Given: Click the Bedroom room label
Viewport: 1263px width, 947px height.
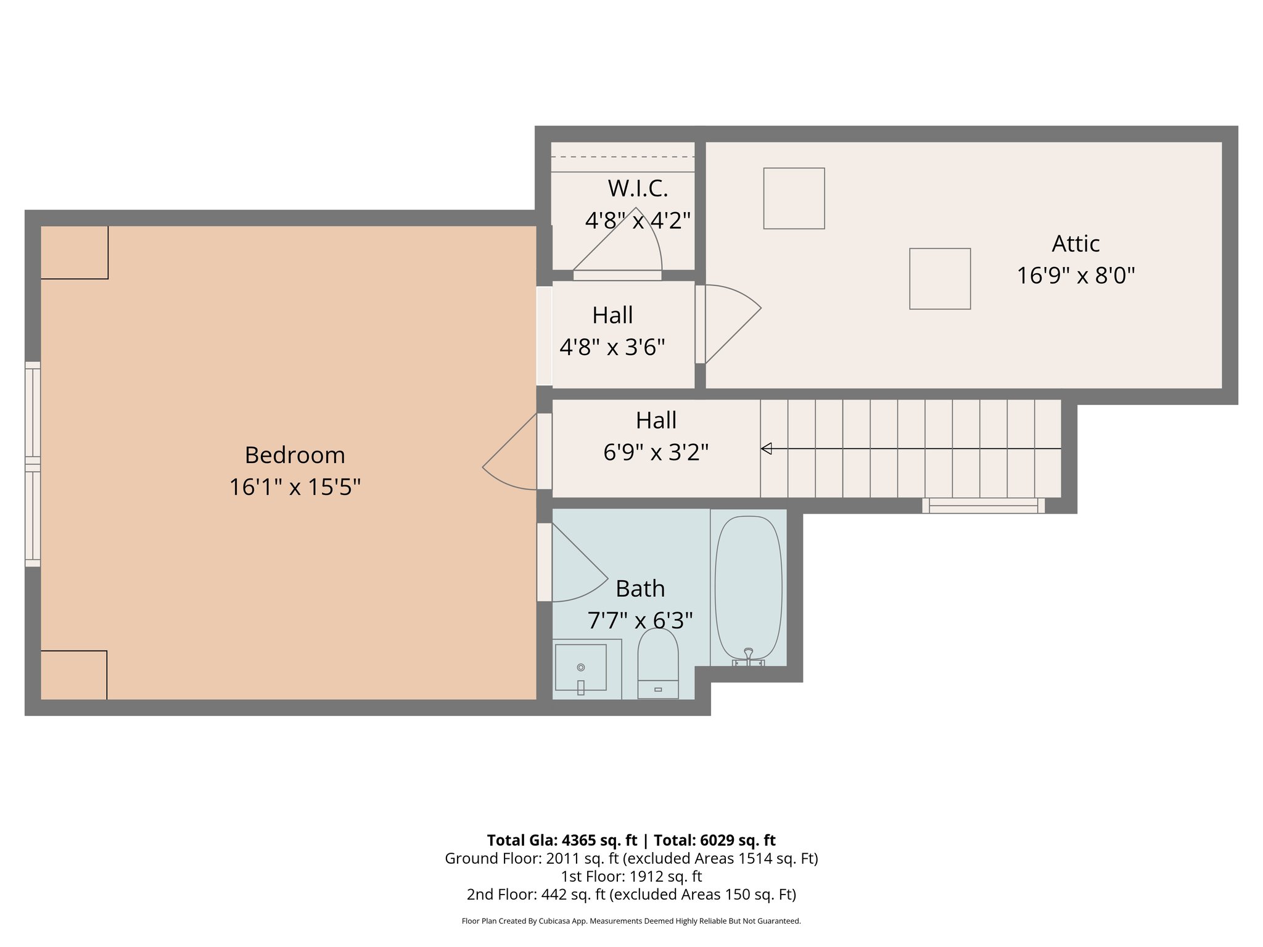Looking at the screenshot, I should [x=294, y=455].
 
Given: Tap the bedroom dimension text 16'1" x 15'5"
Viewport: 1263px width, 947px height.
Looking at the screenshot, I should [x=294, y=487].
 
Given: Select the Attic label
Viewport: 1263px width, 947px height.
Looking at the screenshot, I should [x=1076, y=244].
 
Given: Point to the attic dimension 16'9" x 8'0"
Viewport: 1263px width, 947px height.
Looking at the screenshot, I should [x=1076, y=275].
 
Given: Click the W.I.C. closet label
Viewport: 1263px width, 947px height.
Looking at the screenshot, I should [x=638, y=189].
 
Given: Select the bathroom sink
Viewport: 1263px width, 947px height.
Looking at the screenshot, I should [x=580, y=668].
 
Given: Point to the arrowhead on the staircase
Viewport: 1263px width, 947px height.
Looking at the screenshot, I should [x=767, y=449].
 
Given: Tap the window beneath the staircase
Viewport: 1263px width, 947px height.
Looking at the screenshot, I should [x=983, y=506].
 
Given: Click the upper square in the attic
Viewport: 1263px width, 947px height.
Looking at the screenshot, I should [x=794, y=199].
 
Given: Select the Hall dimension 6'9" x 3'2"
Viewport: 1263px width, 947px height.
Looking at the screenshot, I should [x=656, y=453].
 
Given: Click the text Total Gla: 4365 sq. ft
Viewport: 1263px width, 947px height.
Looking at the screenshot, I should [x=561, y=840].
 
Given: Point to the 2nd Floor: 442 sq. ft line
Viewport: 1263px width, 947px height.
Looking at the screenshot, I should [x=631, y=894].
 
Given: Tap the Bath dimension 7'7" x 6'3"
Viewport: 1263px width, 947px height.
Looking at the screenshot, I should [x=640, y=620].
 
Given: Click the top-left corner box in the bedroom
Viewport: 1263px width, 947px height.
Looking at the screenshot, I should [x=75, y=253].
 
